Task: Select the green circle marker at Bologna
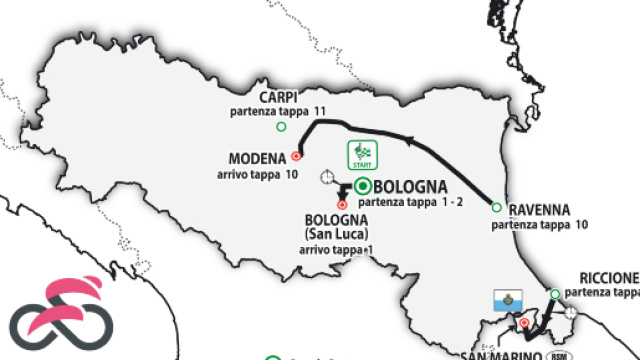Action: tap(362, 186)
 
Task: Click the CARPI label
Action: tap(279, 96)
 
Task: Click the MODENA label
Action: tap(258, 158)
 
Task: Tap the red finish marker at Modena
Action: tap(297, 156)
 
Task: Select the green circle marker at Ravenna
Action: tap(496, 207)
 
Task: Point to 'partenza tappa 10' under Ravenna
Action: tap(536, 226)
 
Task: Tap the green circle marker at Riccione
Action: tap(554, 293)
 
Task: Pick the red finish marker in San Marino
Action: tap(521, 323)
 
